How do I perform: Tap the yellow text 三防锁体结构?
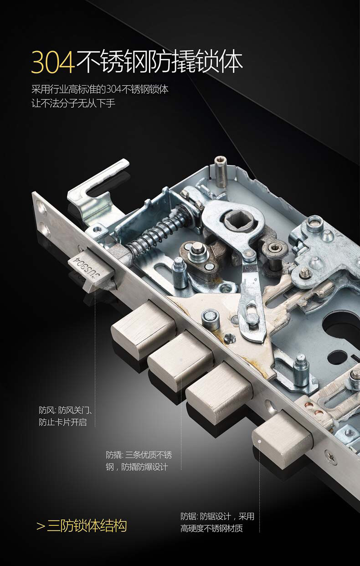87,525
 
